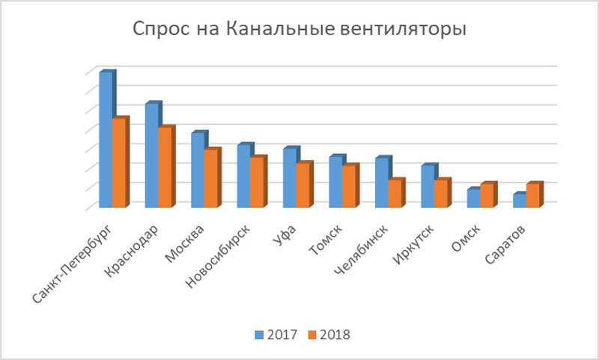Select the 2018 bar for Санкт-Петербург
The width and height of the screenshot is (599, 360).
pyautogui.click(x=119, y=163)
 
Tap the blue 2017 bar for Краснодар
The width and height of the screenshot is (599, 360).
pyautogui.click(x=150, y=156)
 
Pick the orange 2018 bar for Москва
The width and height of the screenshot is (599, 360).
pyautogui.click(x=211, y=179)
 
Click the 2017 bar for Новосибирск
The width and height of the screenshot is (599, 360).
pyautogui.click(x=242, y=176)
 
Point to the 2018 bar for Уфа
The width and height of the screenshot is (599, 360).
pyautogui.click(x=302, y=186)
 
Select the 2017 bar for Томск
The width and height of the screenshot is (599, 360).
pyautogui.click(x=334, y=182)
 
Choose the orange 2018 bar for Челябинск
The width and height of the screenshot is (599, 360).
pyautogui.click(x=395, y=194)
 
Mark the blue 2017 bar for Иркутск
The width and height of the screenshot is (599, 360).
pyautogui.click(x=425, y=186)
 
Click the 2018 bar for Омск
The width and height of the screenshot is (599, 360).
pyautogui.click(x=486, y=195)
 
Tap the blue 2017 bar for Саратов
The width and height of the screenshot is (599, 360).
pyautogui.click(x=517, y=201)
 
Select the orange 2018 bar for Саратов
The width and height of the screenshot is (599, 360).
pyautogui.click(x=532, y=195)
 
